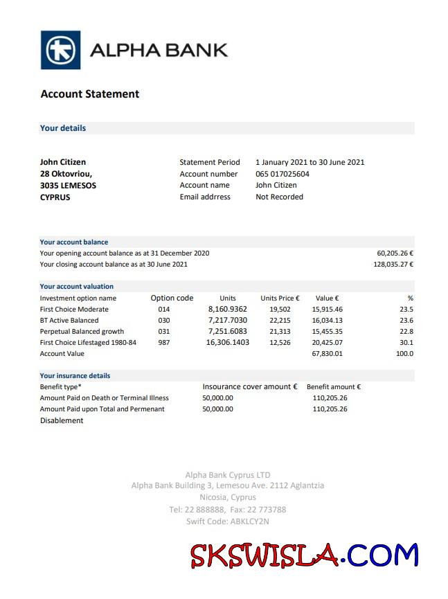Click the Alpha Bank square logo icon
pos(60,50)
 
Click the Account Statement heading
pos(90,94)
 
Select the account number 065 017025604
pos(283,174)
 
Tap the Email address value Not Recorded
pos(279,197)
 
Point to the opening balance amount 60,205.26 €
pos(395,253)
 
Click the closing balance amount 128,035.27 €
pos(393,265)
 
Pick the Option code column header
pos(172,298)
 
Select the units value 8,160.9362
pos(227,310)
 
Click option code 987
pos(163,343)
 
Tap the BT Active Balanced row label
pos(69,321)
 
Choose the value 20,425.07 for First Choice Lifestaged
pos(327,343)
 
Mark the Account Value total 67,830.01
pos(327,354)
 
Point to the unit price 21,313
pos(280,332)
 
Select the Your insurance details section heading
pos(75,376)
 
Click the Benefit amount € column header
pos(334,387)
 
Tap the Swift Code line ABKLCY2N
pos(227,521)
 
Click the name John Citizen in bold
pos(63,163)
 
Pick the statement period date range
pos(310,163)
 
